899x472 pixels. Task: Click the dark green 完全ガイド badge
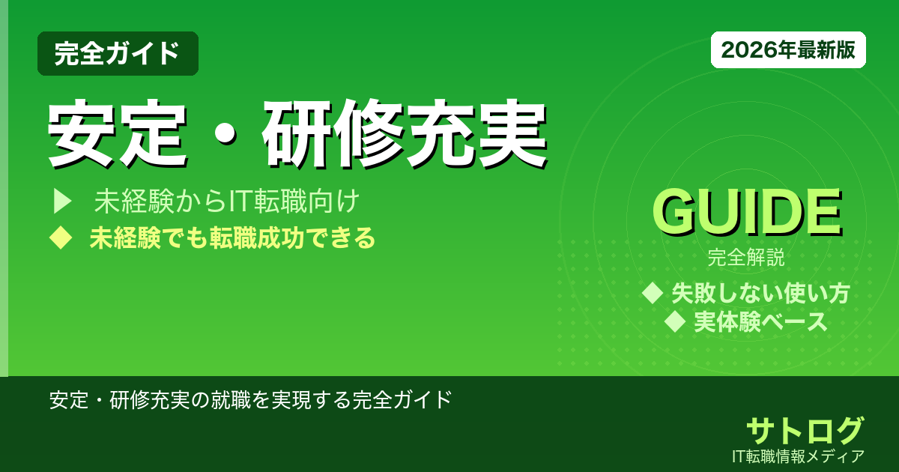click(118, 53)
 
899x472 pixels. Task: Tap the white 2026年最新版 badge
click(788, 50)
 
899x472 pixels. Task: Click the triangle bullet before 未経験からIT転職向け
click(61, 201)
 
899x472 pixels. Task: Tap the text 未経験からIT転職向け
click(228, 201)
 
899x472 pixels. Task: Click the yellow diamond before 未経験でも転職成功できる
click(59, 238)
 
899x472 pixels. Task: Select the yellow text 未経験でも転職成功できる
click(232, 238)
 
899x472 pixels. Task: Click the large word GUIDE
click(746, 214)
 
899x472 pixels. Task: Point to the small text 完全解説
click(746, 259)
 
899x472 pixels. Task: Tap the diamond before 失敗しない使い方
click(653, 292)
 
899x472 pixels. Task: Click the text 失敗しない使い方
click(760, 293)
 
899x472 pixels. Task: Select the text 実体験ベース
click(760, 322)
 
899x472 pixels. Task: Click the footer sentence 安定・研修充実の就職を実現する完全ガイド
click(250, 399)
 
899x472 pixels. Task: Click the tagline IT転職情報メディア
click(800, 456)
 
